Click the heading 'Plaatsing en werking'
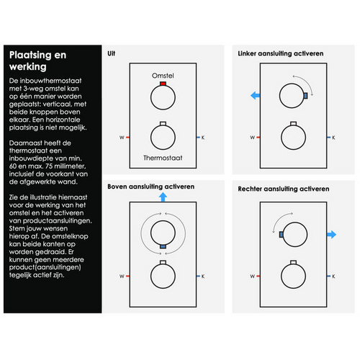[37, 60]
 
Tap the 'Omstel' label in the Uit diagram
[163, 76]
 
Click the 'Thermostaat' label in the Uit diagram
[163, 158]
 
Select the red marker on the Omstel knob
[163, 84]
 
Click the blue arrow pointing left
[255, 96]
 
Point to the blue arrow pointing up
[163, 197]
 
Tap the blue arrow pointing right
[332, 235]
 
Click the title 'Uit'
[111, 53]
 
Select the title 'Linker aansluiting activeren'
[281, 53]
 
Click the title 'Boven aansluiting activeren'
[150, 186]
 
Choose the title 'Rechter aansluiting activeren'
[284, 189]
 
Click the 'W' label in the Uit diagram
[122, 138]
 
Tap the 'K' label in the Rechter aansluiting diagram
[333, 276]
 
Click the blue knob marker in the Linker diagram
[306, 96]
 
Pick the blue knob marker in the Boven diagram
[163, 246]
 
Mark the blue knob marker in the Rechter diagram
[281, 235]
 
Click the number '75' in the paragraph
[49, 166]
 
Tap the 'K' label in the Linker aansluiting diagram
[333, 138]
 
